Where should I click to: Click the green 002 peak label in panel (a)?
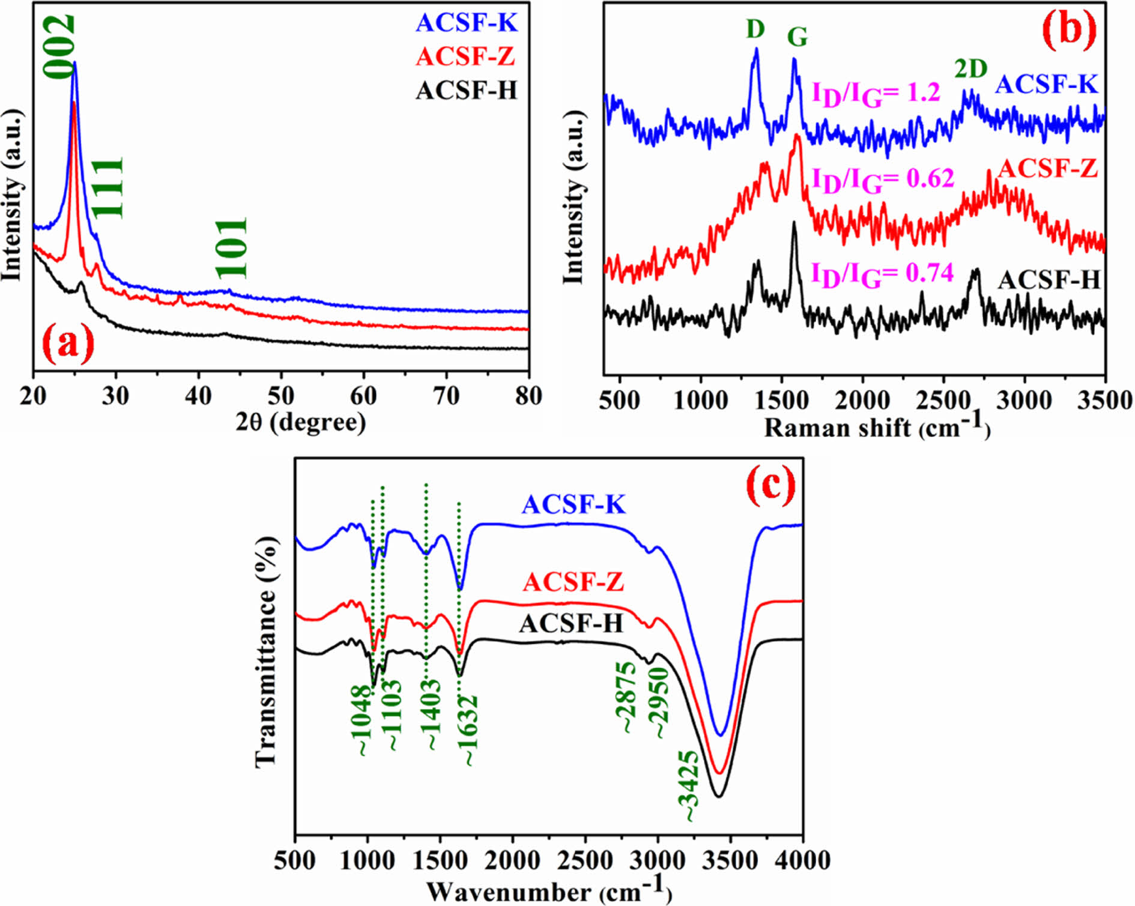pyautogui.click(x=59, y=47)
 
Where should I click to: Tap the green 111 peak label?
pyautogui.click(x=109, y=187)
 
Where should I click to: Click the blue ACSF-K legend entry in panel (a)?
pyautogui.click(x=466, y=23)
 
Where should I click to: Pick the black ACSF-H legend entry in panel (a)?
pyautogui.click(x=466, y=90)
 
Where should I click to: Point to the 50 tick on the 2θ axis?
pyautogui.click(x=281, y=396)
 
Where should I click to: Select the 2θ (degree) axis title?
pyautogui.click(x=300, y=423)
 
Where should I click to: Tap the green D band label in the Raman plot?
pyautogui.click(x=755, y=29)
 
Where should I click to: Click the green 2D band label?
pyautogui.click(x=971, y=70)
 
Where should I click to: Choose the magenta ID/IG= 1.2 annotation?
pyautogui.click(x=876, y=94)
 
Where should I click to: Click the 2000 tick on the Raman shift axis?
pyautogui.click(x=862, y=400)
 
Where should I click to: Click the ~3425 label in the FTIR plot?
pyautogui.click(x=689, y=785)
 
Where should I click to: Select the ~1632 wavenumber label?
pyautogui.click(x=468, y=730)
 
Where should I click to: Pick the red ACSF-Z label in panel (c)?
pyautogui.click(x=574, y=582)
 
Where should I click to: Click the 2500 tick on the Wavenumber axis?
pyautogui.click(x=585, y=860)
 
